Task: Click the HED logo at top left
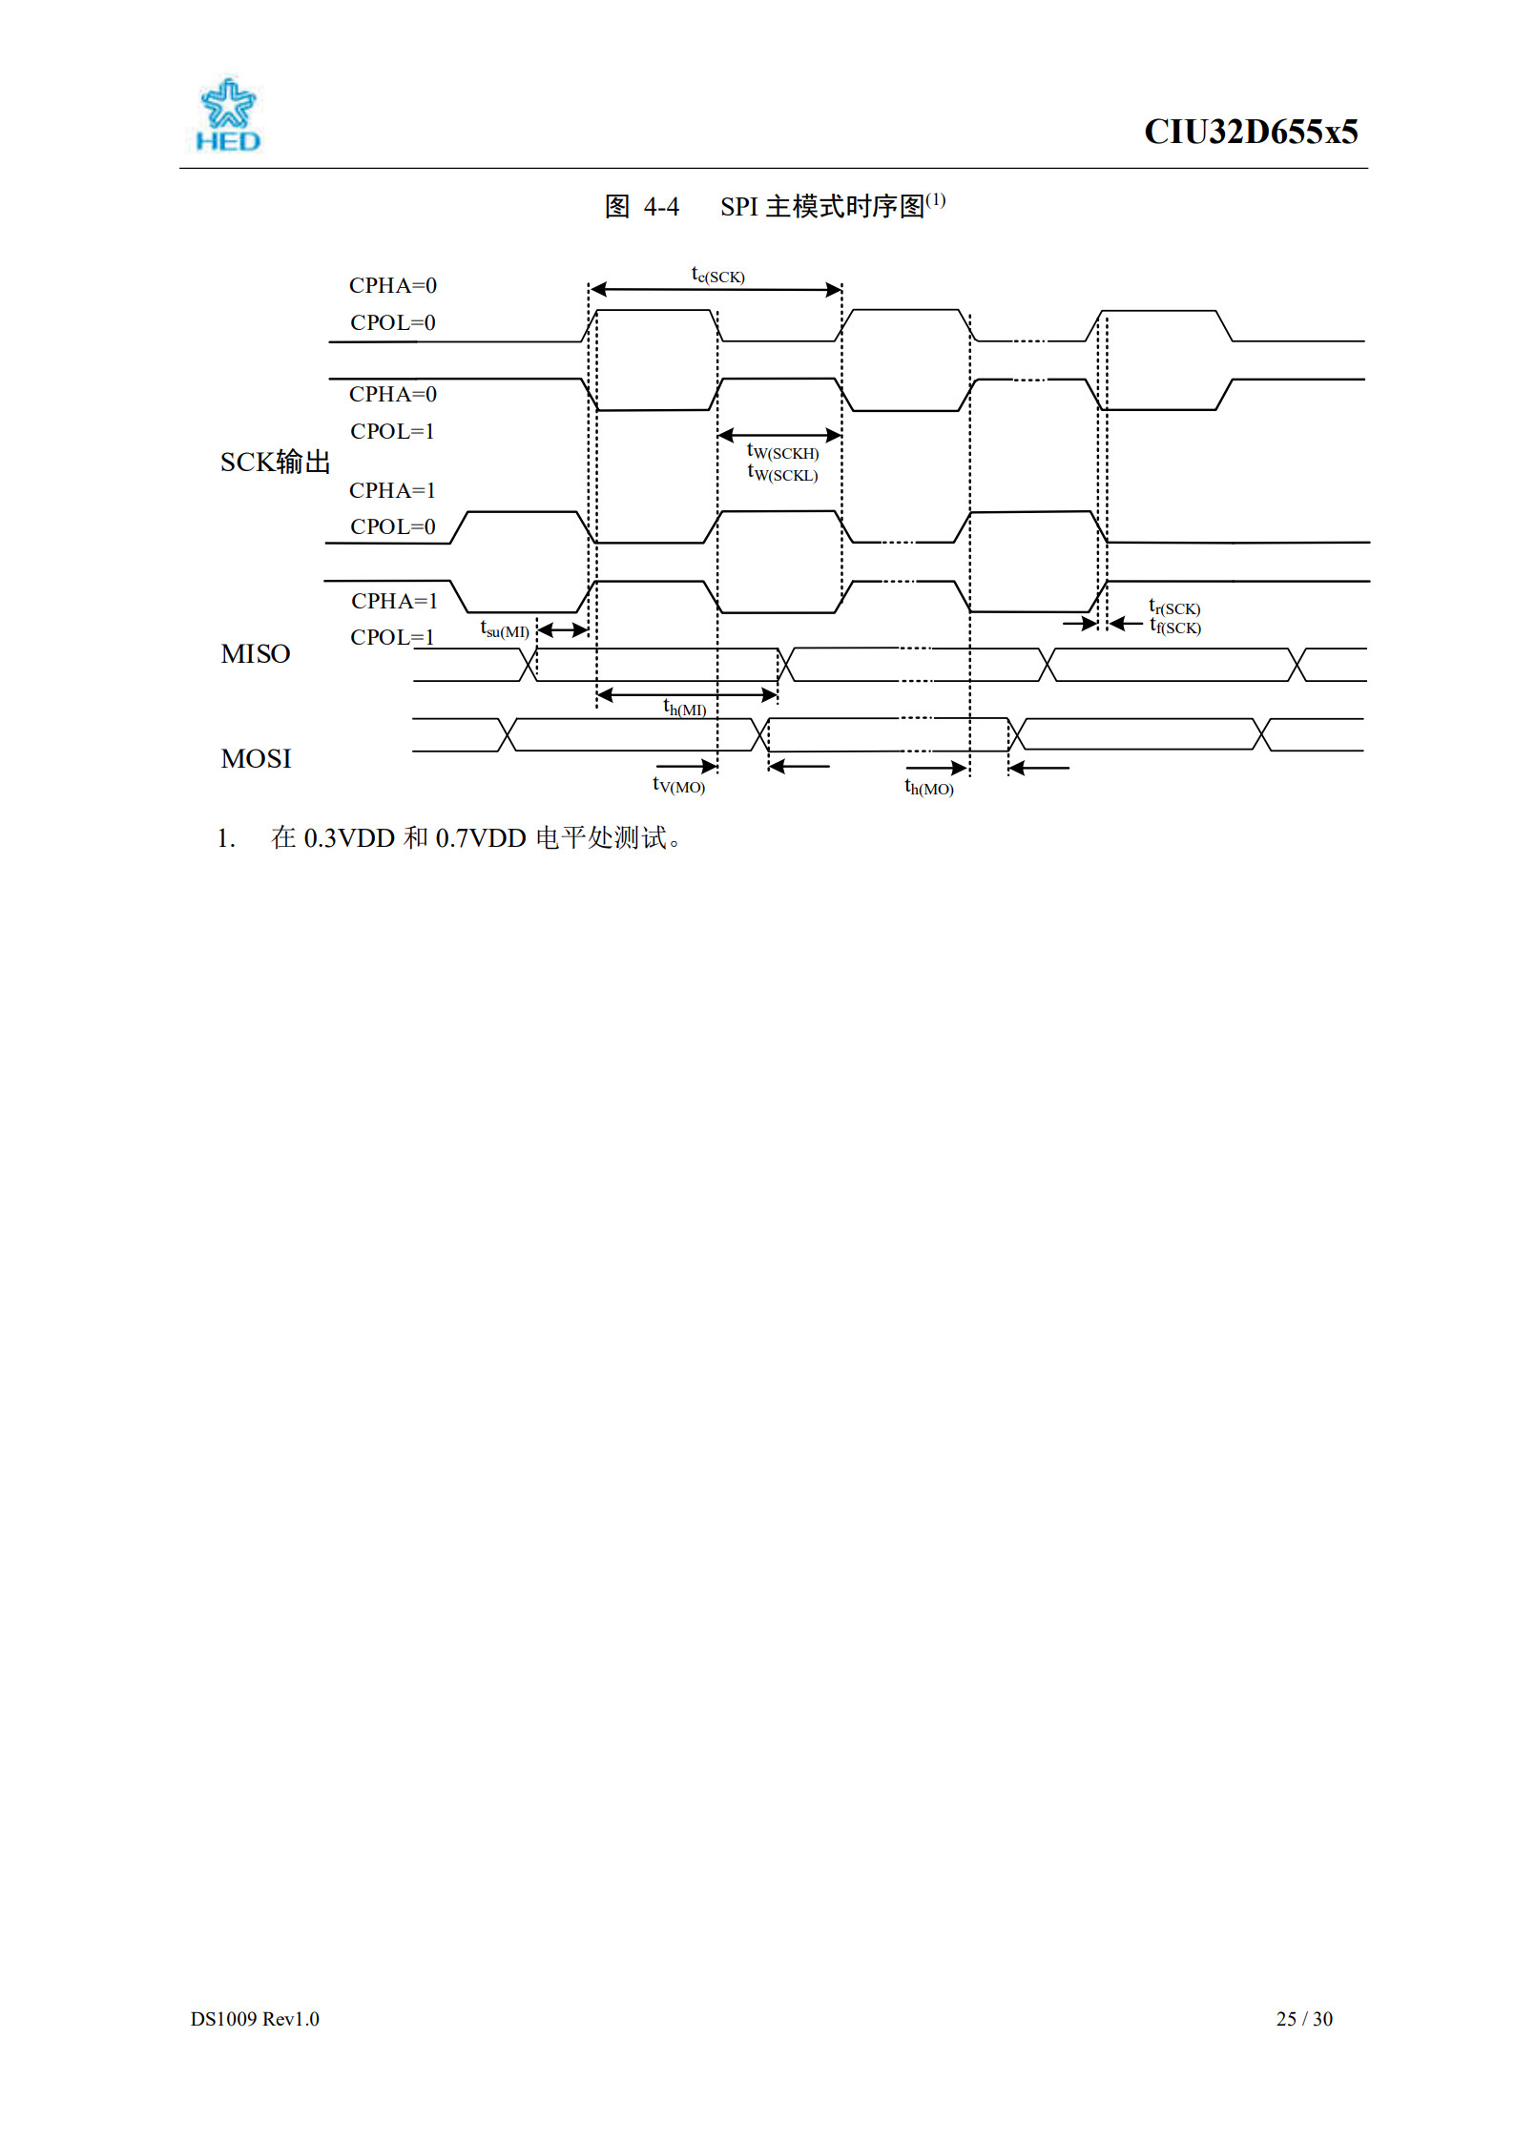(228, 114)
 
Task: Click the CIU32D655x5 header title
(1251, 132)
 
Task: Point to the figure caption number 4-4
(661, 207)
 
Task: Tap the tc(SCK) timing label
(717, 275)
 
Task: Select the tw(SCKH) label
(782, 451)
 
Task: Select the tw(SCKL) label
(782, 473)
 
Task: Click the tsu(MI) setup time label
(505, 630)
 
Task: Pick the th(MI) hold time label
(685, 708)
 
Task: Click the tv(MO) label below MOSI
(678, 785)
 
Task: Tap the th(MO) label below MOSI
(929, 788)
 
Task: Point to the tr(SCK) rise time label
(1174, 607)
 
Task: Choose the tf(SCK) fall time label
(1175, 627)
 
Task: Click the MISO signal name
(256, 654)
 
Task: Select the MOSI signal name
(256, 759)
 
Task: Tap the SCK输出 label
(276, 463)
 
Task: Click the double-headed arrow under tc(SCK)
(716, 289)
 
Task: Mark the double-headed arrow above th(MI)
(687, 694)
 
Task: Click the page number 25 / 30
(1304, 2019)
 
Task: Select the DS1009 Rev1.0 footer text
(255, 2019)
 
